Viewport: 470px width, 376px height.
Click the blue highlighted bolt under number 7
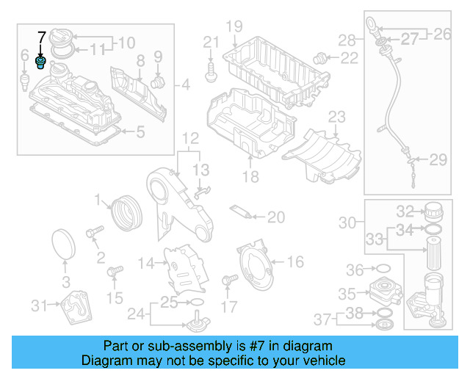point(41,62)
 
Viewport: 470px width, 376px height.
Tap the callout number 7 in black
point(42,37)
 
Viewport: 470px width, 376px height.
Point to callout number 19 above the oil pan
point(234,28)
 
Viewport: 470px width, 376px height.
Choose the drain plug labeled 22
point(320,57)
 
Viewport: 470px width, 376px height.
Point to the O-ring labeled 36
point(381,268)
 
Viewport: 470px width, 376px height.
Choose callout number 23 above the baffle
point(336,116)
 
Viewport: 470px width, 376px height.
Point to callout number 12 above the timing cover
point(190,138)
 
